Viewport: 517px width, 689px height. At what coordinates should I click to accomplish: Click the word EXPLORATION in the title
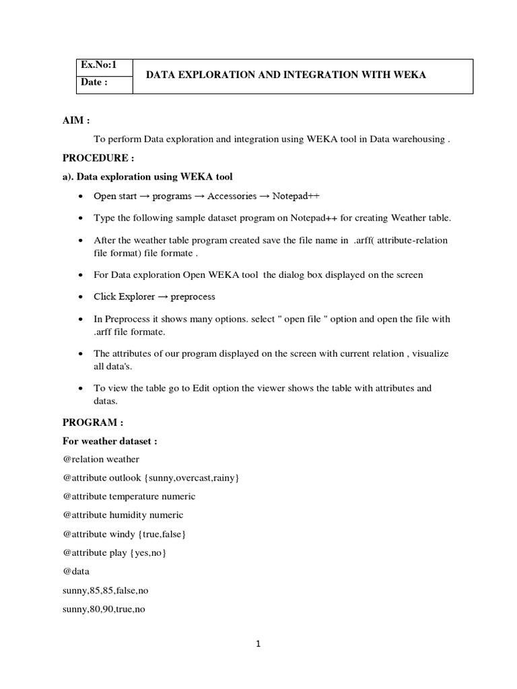pos(214,75)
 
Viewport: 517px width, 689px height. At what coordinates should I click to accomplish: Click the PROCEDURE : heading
pos(98,158)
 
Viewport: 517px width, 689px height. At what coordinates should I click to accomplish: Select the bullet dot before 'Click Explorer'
pos(81,297)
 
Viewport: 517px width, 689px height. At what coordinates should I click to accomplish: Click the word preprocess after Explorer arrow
pos(193,297)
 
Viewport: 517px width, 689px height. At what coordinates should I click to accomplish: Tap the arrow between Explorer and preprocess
pos(162,297)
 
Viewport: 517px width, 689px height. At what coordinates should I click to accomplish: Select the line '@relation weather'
pos(101,460)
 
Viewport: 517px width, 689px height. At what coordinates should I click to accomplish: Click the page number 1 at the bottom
pos(258,644)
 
